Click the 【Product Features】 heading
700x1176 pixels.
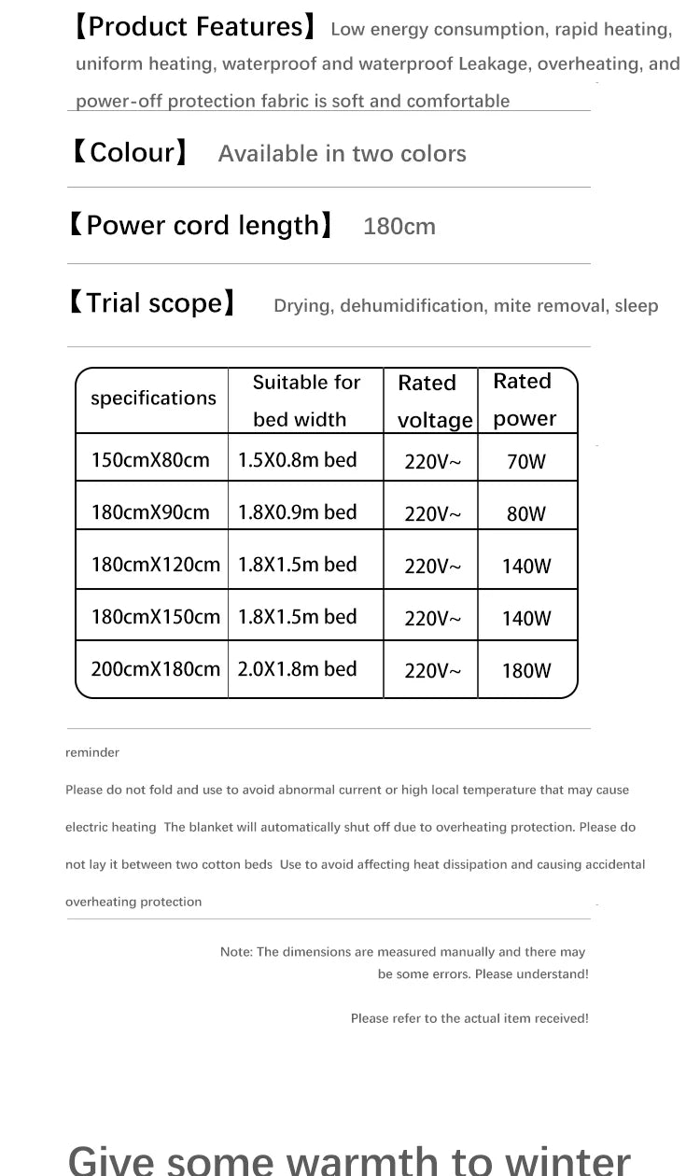click(x=194, y=27)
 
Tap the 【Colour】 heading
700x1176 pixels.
click(x=130, y=152)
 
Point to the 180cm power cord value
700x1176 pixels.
click(x=399, y=227)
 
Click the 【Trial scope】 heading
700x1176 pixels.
click(x=150, y=302)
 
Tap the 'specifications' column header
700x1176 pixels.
click(x=153, y=399)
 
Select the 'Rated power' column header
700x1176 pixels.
click(x=524, y=399)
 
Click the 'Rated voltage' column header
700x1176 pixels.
click(x=432, y=401)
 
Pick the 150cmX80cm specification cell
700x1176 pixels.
click(x=150, y=459)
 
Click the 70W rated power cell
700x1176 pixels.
click(x=526, y=461)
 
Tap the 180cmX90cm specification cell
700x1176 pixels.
click(x=150, y=511)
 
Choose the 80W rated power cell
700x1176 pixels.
click(x=526, y=513)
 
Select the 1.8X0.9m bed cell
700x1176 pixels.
click(x=298, y=511)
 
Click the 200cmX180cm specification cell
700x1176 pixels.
click(x=155, y=668)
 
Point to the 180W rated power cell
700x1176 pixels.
click(x=526, y=670)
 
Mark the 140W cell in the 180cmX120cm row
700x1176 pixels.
click(x=526, y=566)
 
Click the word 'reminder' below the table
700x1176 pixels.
click(x=92, y=752)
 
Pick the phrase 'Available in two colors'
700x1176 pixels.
click(x=342, y=154)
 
